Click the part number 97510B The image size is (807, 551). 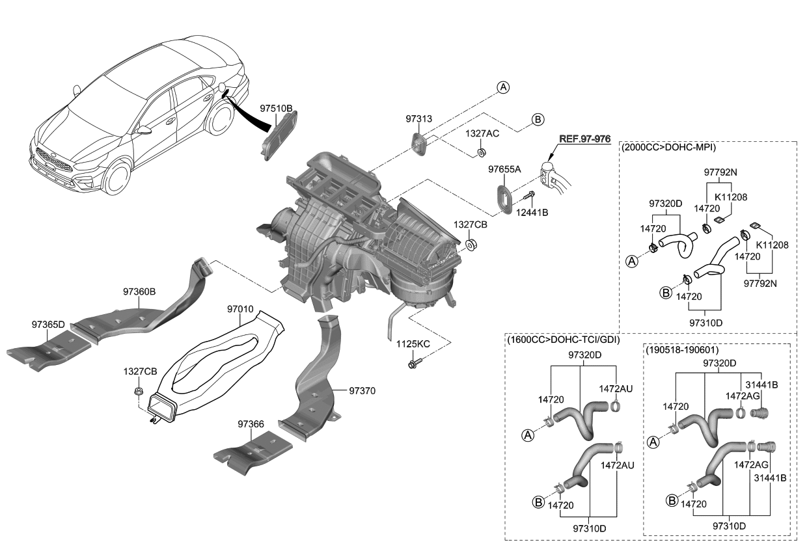[x=276, y=108]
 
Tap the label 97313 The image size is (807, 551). [x=418, y=119]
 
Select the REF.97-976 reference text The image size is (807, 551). [x=584, y=139]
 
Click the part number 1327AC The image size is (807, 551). [x=482, y=133]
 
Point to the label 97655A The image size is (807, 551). [x=505, y=169]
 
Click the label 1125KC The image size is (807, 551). [x=414, y=343]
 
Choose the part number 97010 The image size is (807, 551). [x=239, y=310]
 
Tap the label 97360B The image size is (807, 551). [x=139, y=292]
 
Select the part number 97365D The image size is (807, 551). [x=48, y=324]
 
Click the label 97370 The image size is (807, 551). [x=362, y=391]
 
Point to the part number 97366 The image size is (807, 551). [x=251, y=424]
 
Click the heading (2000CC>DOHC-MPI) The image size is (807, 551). [x=669, y=148]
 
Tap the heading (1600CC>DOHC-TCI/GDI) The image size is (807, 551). [x=563, y=340]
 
